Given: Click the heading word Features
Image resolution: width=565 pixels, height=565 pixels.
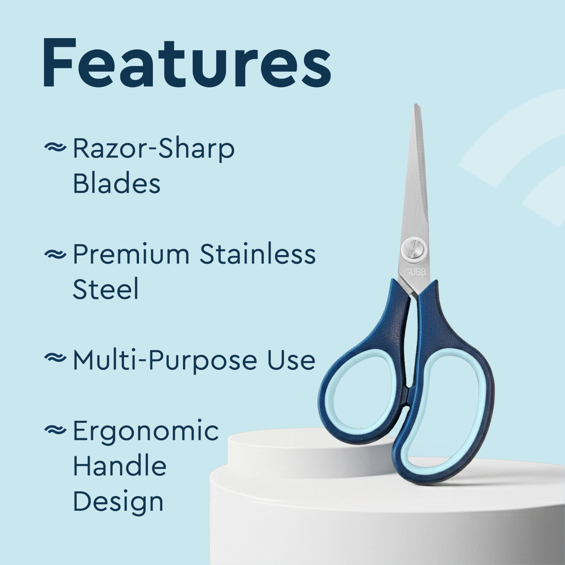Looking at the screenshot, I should (186, 63).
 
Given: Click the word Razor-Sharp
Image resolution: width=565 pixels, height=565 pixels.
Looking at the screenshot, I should (154, 149).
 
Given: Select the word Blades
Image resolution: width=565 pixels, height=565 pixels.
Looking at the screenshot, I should (116, 184).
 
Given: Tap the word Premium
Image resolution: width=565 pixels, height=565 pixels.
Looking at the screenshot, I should (131, 254).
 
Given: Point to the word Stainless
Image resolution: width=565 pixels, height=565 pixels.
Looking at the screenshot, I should (257, 254).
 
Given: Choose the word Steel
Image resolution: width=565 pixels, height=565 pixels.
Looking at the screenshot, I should (105, 289).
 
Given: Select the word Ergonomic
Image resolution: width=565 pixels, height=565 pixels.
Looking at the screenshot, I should (145, 431).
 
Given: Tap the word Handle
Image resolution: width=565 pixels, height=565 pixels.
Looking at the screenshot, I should (119, 466).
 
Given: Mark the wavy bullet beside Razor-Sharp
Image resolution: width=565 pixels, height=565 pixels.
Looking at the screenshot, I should (55, 148).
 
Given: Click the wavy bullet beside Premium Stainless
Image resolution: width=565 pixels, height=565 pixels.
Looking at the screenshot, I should (55, 255).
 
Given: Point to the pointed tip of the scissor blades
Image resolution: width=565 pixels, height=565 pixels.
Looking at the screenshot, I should (416, 107).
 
